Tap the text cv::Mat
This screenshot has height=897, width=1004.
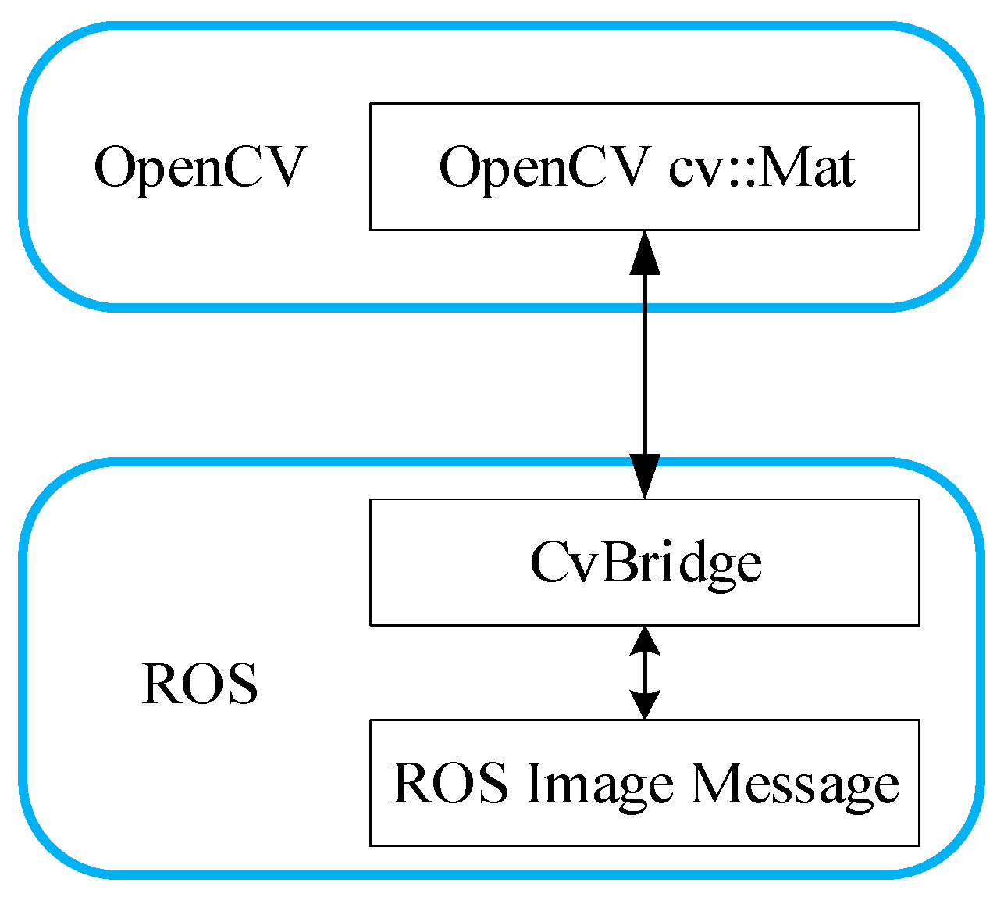point(761,167)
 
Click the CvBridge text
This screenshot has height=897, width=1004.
point(645,563)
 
